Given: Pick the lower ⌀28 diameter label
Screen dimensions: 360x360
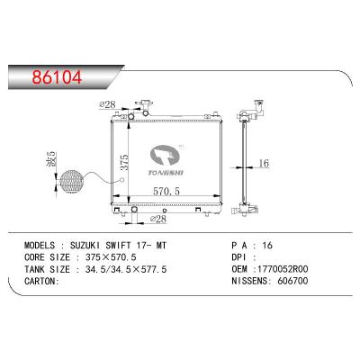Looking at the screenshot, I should click(x=159, y=220).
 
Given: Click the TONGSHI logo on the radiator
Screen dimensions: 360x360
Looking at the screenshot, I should click(x=168, y=159).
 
